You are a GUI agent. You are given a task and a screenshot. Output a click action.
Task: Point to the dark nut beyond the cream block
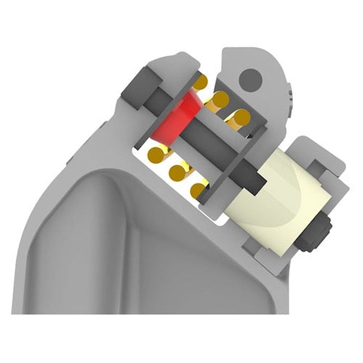[319, 232]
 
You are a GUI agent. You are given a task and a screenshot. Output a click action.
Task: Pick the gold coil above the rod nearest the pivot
[241, 116]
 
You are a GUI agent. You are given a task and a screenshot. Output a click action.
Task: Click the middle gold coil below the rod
[177, 172]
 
